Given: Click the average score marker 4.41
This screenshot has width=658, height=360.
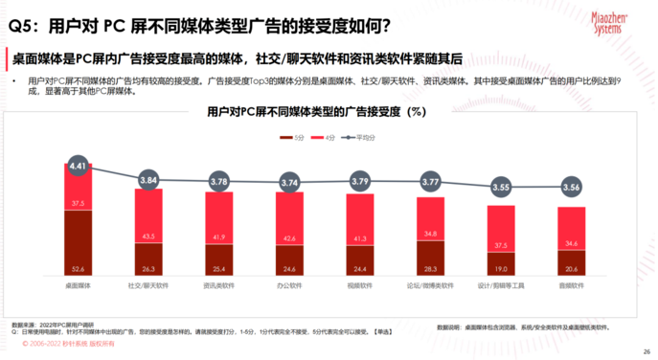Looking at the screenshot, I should click(79, 166).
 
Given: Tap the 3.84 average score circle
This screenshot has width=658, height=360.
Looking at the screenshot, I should click(147, 180).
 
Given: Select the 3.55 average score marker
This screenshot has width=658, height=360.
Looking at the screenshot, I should click(501, 189).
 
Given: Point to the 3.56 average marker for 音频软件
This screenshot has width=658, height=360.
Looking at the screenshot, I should click(572, 188).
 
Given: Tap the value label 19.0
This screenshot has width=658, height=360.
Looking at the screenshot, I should click(501, 269).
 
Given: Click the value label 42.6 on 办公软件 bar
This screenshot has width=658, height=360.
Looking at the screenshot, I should click(289, 238).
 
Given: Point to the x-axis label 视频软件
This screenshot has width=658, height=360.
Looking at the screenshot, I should click(360, 284).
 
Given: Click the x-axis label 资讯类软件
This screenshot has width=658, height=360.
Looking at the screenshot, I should click(218, 284).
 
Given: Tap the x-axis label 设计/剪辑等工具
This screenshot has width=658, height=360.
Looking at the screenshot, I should click(501, 284).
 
